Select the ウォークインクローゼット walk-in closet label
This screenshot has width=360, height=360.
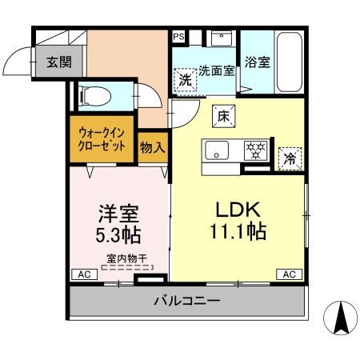pyautogui.click(x=102, y=141)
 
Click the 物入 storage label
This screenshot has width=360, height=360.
pyautogui.click(x=152, y=147)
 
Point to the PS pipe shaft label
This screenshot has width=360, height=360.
pyautogui.click(x=178, y=36)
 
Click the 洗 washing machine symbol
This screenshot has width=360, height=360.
pyautogui.click(x=185, y=79)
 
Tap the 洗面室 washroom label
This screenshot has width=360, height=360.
pyautogui.click(x=216, y=70)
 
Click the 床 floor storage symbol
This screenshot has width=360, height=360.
pyautogui.click(x=224, y=116)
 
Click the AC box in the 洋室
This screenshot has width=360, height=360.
pyautogui.click(x=82, y=274)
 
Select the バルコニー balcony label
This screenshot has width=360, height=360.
pyautogui.click(x=186, y=302)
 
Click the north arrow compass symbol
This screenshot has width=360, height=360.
pyautogui.click(x=339, y=320)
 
